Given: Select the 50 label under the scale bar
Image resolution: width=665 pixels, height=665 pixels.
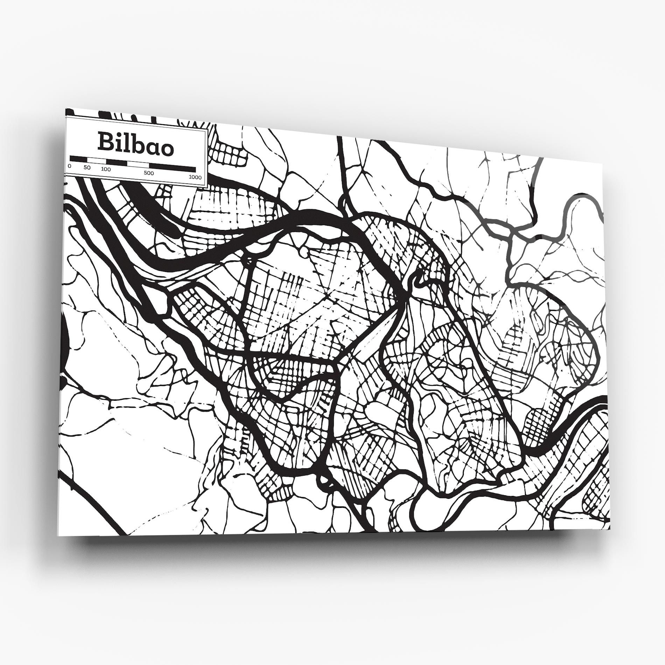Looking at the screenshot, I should click(87, 168).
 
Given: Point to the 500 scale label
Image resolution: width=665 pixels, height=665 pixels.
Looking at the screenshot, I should click(148, 173).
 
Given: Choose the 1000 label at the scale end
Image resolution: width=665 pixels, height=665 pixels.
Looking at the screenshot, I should click(195, 177).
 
